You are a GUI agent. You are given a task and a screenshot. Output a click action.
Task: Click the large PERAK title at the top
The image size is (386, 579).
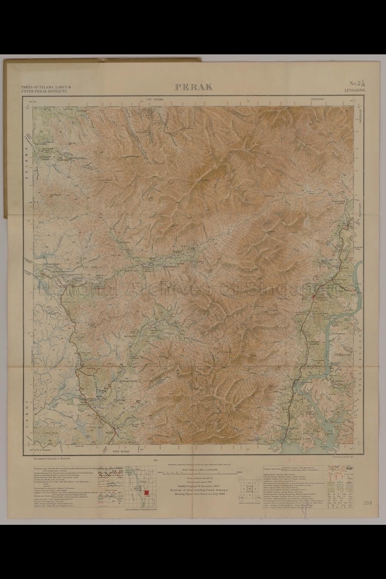(194, 87)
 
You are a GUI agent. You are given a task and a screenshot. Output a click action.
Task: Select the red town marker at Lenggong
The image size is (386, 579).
(313, 297)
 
